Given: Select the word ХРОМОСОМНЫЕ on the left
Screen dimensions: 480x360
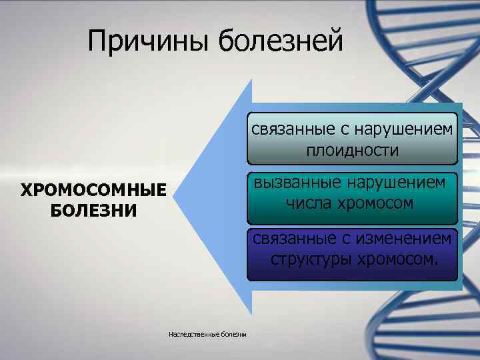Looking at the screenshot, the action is [93, 191].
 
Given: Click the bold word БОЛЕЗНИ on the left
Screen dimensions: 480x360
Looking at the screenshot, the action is [93, 211].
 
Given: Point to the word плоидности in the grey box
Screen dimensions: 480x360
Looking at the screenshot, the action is [353, 151].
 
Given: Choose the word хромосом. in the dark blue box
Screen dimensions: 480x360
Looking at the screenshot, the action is [398, 259].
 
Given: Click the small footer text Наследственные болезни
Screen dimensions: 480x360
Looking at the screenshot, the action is [208, 334].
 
